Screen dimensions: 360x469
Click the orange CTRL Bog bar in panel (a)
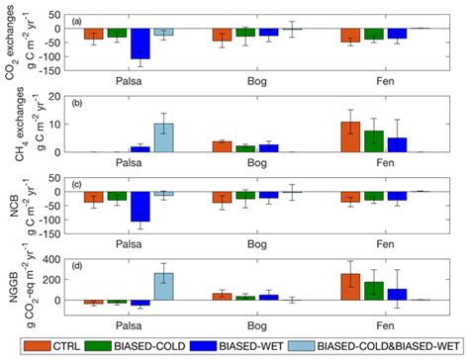pyautogui.click(x=222, y=35)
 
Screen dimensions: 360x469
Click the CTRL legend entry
pyautogui.click(x=88, y=346)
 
